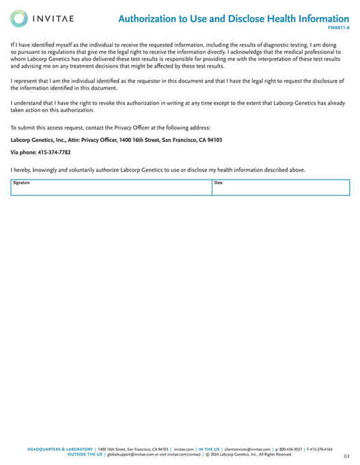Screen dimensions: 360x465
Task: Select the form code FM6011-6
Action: [339, 28]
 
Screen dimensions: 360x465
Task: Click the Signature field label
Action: [21, 183]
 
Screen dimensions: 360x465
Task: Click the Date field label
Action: [219, 183]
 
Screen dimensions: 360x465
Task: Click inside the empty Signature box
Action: [109, 190]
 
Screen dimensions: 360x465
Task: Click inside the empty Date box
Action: [280, 190]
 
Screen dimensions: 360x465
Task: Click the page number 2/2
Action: [346, 455]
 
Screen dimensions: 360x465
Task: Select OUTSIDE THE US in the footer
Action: [85, 454]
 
